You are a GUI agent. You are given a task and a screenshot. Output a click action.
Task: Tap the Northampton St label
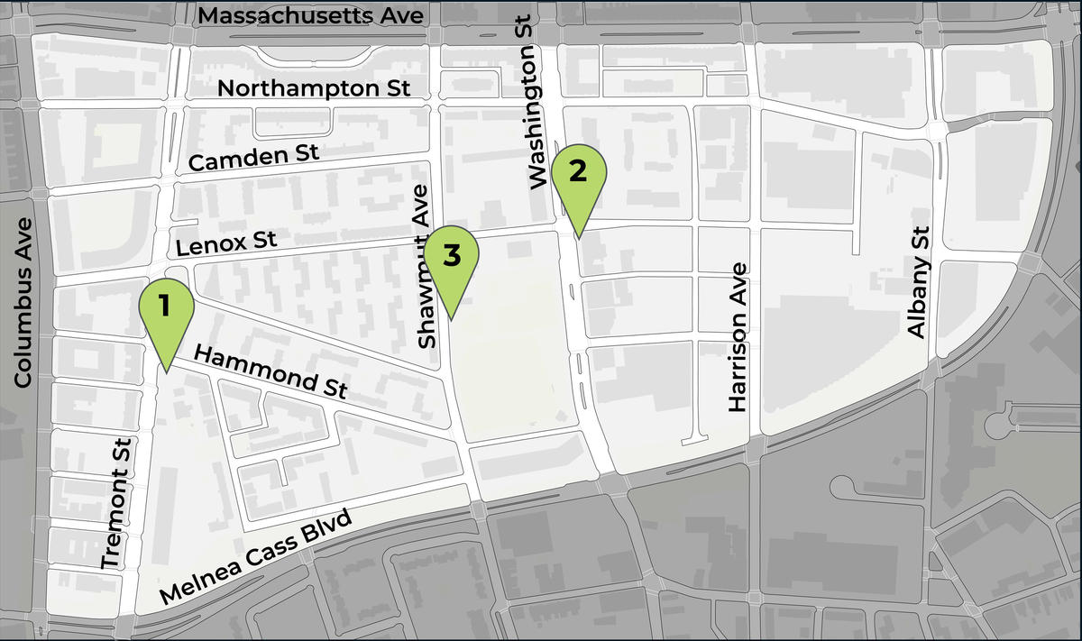coord(315,88)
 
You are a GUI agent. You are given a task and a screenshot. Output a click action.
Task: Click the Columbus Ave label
coord(24,303)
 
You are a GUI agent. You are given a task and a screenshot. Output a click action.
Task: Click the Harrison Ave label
coord(738,336)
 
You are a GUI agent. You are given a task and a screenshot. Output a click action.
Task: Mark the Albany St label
coord(917,282)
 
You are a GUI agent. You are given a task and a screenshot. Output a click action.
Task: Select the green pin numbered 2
coord(578,175)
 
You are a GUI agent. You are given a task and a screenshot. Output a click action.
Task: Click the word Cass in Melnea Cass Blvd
coord(277,546)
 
